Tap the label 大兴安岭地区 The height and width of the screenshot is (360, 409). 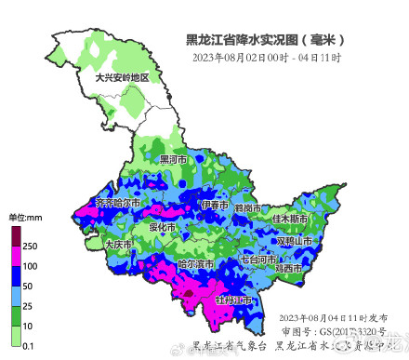pyautogui.click(x=122, y=77)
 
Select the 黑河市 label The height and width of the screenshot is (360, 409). pyautogui.click(x=173, y=160)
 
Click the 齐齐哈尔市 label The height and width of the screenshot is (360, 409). pyautogui.click(x=118, y=202)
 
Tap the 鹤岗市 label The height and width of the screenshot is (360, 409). pyautogui.click(x=246, y=207)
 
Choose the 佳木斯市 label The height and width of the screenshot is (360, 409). pyautogui.click(x=291, y=219)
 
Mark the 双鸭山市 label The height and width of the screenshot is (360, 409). pyautogui.click(x=297, y=240)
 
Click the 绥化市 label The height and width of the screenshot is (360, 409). pyautogui.click(x=162, y=226)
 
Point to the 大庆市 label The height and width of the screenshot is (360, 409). pyautogui.click(x=118, y=244)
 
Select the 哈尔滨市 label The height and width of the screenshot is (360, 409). pyautogui.click(x=196, y=264)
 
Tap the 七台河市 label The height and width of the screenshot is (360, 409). pyautogui.click(x=259, y=258)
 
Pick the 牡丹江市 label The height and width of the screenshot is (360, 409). pyautogui.click(x=233, y=300)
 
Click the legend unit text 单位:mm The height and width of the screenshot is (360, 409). pyautogui.click(x=27, y=217)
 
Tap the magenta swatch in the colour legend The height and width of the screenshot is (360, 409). pyautogui.click(x=16, y=256)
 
